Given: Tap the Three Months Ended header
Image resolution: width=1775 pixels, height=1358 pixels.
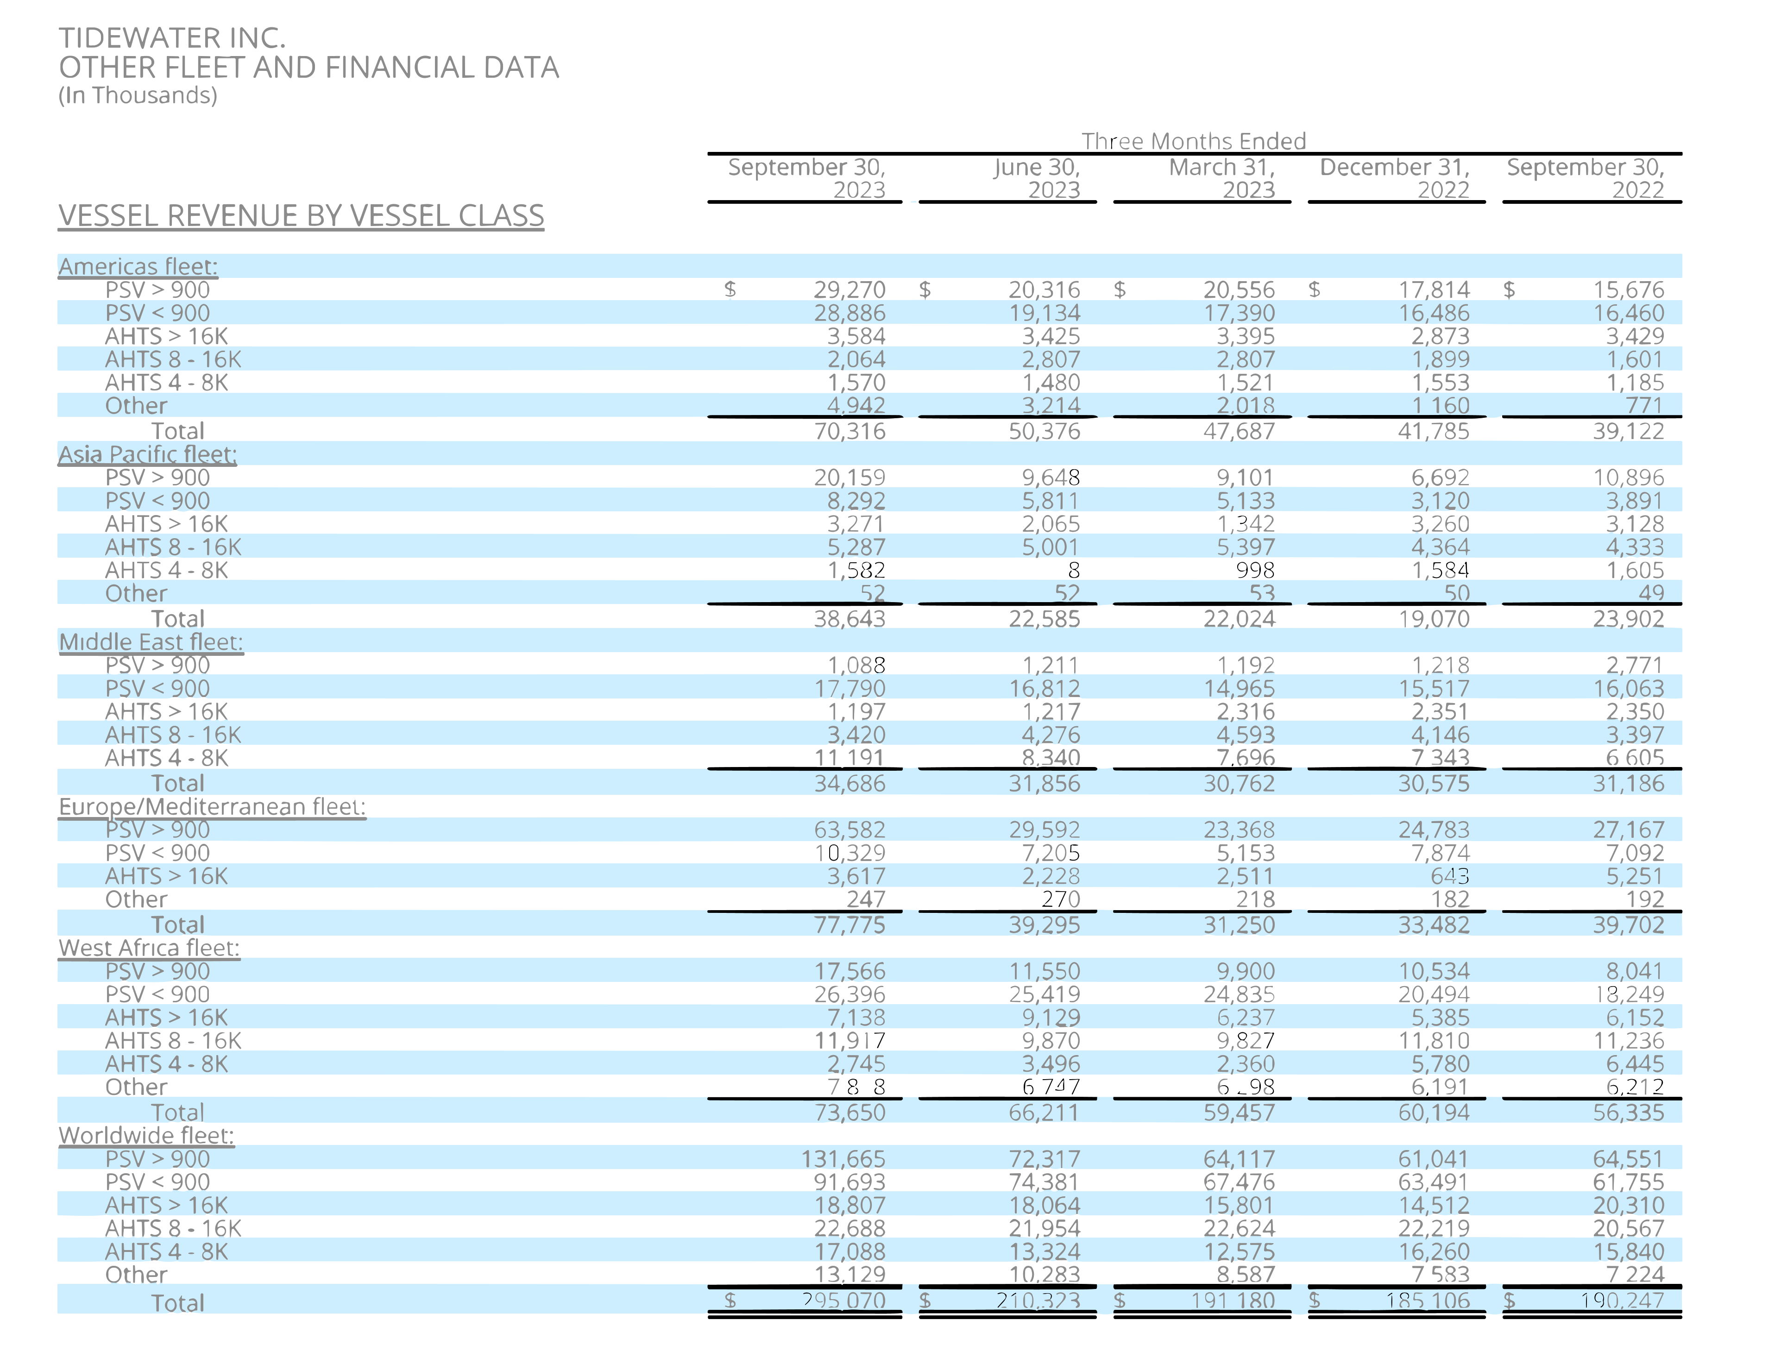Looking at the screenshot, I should tap(1193, 141).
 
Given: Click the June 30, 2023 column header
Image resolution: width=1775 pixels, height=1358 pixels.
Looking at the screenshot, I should tap(1037, 178).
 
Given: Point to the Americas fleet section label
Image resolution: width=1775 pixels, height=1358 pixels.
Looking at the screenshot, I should tap(138, 267).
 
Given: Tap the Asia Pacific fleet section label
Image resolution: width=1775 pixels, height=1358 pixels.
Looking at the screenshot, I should tap(147, 454).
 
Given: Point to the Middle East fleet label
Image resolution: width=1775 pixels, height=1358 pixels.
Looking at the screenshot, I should tap(151, 642).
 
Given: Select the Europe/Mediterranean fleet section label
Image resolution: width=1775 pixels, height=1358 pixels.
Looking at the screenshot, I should tap(212, 807).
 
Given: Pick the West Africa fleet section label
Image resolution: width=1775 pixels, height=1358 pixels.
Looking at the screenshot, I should tap(149, 948).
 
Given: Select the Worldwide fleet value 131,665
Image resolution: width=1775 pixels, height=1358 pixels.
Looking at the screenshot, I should tap(843, 1159).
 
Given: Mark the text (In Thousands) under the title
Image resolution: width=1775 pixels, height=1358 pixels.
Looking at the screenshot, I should tap(138, 95).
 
